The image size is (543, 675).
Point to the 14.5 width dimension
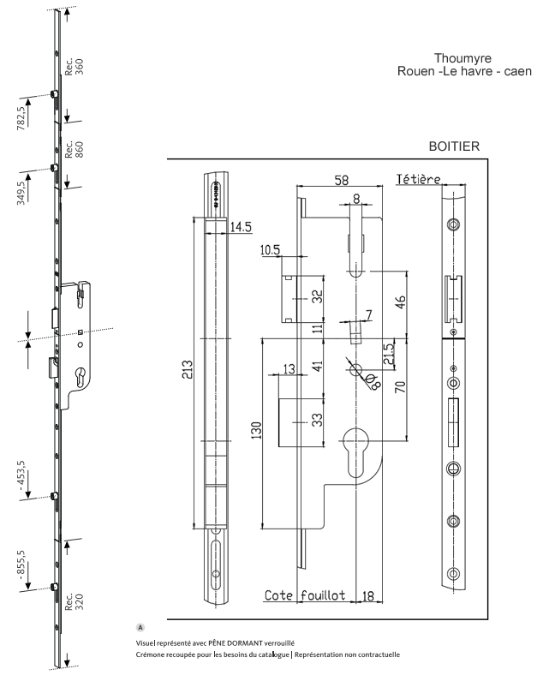241,226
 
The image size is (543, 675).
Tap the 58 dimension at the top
340,180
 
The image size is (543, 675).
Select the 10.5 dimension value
271,249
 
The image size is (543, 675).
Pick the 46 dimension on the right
399,302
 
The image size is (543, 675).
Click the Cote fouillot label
305,595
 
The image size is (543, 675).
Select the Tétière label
418,179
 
